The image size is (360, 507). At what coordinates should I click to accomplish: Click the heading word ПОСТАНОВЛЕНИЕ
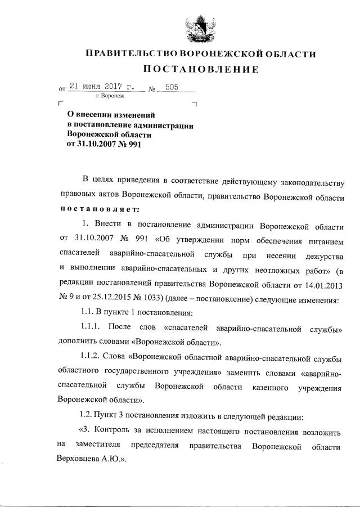[x=199, y=70]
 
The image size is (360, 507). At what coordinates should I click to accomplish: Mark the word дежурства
[x=323, y=255]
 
